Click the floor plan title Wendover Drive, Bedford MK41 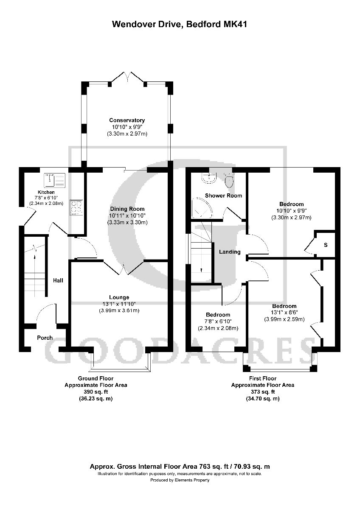coord(180,25)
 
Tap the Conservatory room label coord(127,120)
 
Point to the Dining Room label coord(127,209)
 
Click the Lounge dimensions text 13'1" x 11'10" coord(119,304)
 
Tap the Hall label coord(58,280)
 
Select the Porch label coord(45,338)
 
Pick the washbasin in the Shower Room coord(209,179)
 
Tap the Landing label coord(230,252)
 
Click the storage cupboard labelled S coord(326,245)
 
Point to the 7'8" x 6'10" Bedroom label coord(218,315)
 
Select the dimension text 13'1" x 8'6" coord(284,313)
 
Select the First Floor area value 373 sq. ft coord(262,392)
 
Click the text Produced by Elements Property coord(180,480)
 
